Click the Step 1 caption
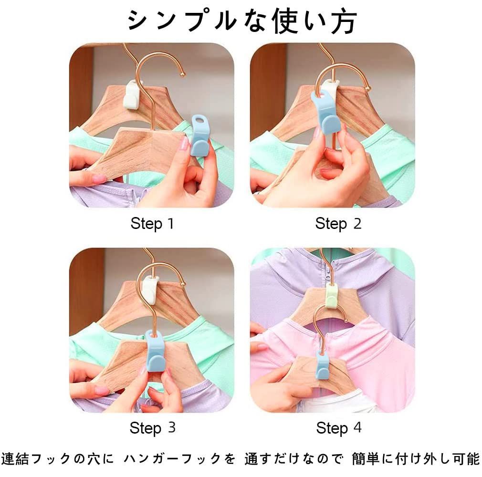(152, 223)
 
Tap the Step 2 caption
(338, 223)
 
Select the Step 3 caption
(152, 427)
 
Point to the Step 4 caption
(339, 427)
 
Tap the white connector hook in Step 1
(131, 94)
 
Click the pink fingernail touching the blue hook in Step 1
(184, 143)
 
